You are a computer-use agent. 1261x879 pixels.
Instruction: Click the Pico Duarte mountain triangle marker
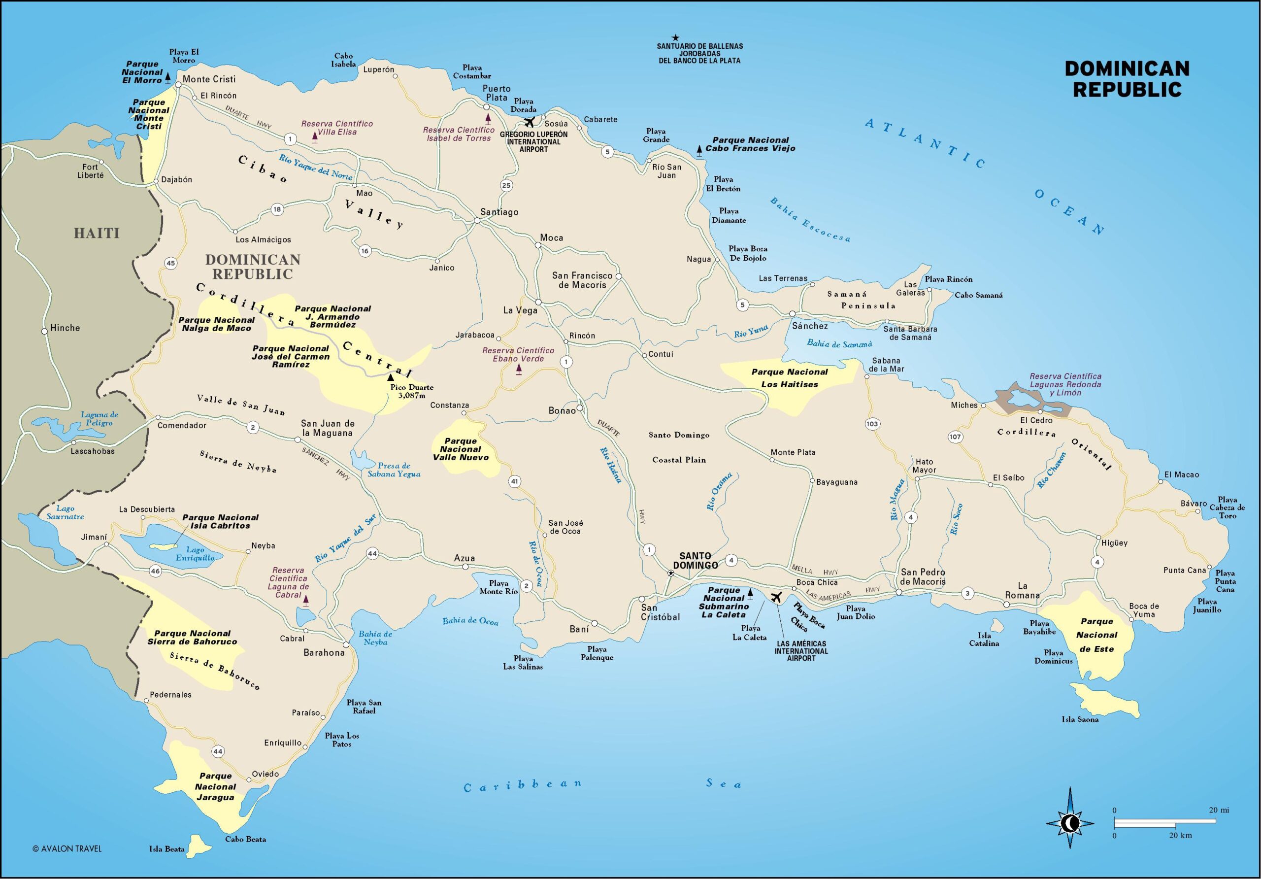(391, 377)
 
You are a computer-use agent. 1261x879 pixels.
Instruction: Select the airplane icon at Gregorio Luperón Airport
(530, 121)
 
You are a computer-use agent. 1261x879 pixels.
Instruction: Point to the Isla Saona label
(1080, 720)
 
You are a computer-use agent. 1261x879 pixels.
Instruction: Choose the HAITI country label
(97, 233)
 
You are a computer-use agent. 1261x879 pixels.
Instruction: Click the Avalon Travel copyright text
(67, 849)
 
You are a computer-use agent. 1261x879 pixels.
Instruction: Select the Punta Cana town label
(1184, 570)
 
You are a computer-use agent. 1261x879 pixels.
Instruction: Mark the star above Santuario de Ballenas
(675, 38)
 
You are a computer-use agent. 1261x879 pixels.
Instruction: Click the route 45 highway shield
(171, 263)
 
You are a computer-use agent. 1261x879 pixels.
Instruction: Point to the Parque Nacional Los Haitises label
(789, 378)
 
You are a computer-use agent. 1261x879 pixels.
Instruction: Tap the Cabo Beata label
(245, 840)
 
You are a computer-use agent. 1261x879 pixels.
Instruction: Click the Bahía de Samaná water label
(839, 343)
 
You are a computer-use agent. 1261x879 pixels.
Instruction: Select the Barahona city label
(324, 653)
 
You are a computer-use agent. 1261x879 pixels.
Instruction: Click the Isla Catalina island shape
(997, 625)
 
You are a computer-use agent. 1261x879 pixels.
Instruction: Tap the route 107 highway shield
(955, 437)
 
